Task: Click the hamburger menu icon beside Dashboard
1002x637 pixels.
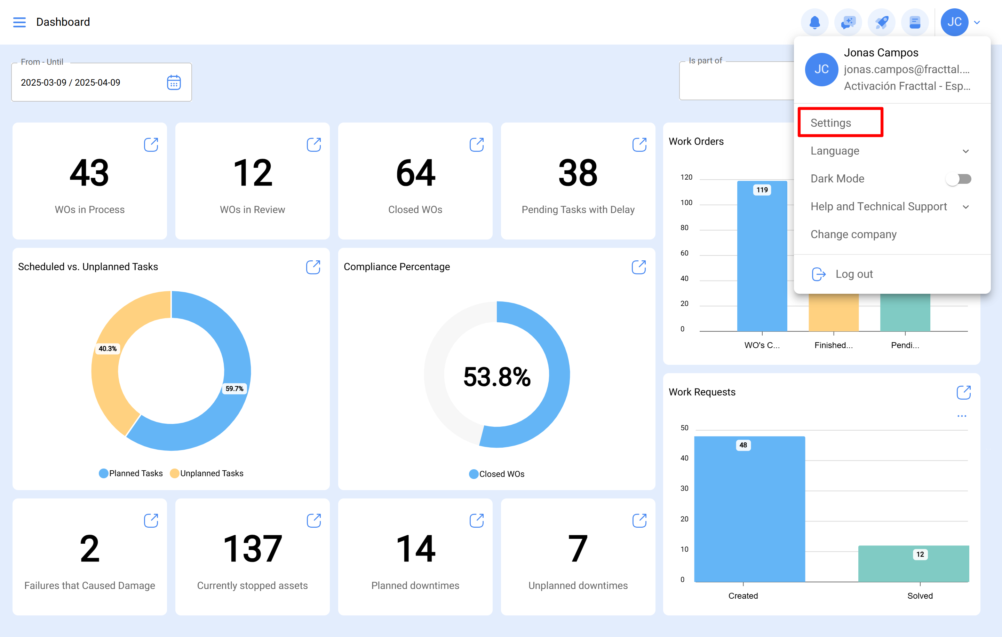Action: pyautogui.click(x=19, y=22)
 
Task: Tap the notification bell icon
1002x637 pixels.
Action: pyautogui.click(x=814, y=22)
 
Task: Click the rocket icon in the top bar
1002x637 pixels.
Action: pyautogui.click(x=881, y=22)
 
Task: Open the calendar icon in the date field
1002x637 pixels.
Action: pyautogui.click(x=174, y=82)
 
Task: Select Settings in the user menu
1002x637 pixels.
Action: pyautogui.click(x=830, y=123)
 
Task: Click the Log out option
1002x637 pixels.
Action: pyautogui.click(x=854, y=274)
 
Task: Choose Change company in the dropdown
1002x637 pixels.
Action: pyautogui.click(x=853, y=234)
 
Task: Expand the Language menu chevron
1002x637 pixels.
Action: pyautogui.click(x=965, y=151)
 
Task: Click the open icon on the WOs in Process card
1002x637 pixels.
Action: pyautogui.click(x=151, y=144)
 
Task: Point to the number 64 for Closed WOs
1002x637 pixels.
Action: pyautogui.click(x=415, y=173)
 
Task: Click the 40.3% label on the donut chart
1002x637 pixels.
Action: pyautogui.click(x=108, y=348)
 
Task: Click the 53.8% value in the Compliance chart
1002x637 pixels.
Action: pyautogui.click(x=497, y=377)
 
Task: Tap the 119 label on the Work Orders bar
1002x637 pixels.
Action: pyautogui.click(x=762, y=190)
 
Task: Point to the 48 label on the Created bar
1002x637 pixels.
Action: pyautogui.click(x=743, y=445)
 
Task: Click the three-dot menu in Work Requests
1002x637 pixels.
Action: pyautogui.click(x=961, y=416)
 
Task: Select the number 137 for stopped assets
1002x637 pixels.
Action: pyautogui.click(x=252, y=549)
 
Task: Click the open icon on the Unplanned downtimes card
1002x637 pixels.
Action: pyautogui.click(x=639, y=520)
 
